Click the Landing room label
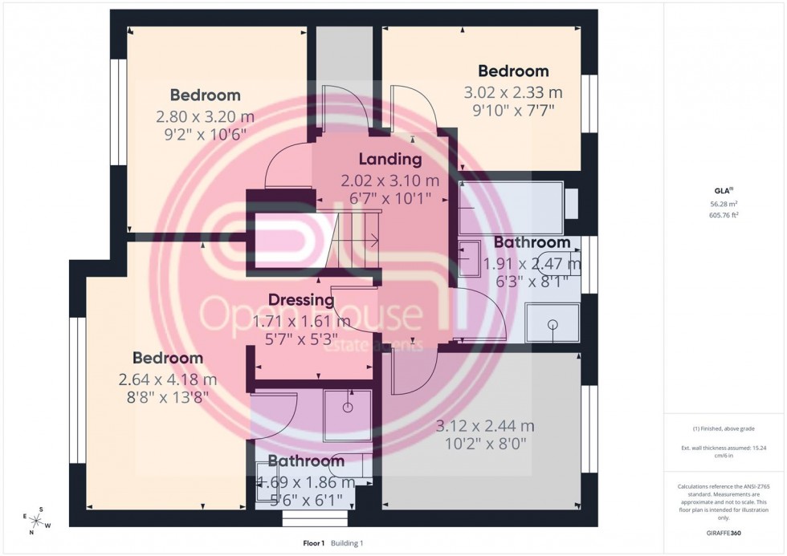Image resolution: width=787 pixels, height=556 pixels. [x=390, y=159]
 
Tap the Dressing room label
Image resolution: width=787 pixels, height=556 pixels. [x=301, y=300]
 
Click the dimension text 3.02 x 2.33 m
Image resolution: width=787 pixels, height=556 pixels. [x=513, y=92]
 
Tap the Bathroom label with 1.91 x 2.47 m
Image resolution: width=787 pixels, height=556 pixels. [x=532, y=242]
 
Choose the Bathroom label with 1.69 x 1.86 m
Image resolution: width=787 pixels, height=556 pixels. [x=306, y=461]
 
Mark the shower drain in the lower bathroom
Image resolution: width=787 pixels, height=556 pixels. [x=347, y=408]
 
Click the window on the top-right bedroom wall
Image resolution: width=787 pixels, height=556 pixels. [x=590, y=103]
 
